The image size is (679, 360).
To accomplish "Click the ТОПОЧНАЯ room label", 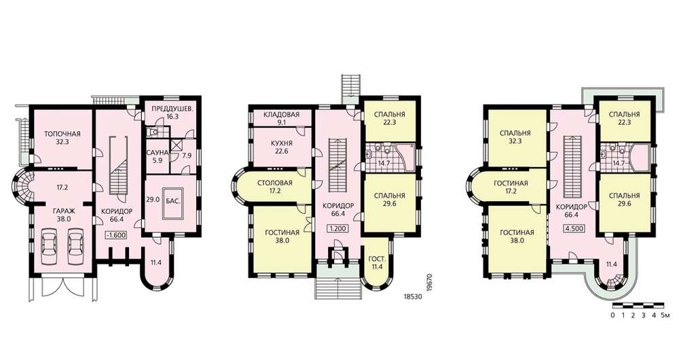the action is (x=62, y=134).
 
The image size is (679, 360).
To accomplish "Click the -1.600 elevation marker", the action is (x=116, y=235).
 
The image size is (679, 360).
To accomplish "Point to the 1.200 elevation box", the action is (x=337, y=228).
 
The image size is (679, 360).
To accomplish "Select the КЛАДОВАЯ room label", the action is (x=281, y=114).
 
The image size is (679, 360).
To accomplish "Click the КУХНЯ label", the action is (x=282, y=143).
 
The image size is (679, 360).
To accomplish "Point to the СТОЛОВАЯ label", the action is (x=274, y=183).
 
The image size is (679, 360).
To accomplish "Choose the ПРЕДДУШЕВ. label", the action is (x=172, y=109).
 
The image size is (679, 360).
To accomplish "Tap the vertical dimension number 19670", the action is (x=430, y=284).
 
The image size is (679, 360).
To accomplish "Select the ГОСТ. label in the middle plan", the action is (x=375, y=259).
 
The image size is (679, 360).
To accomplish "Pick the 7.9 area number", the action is (x=187, y=156).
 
